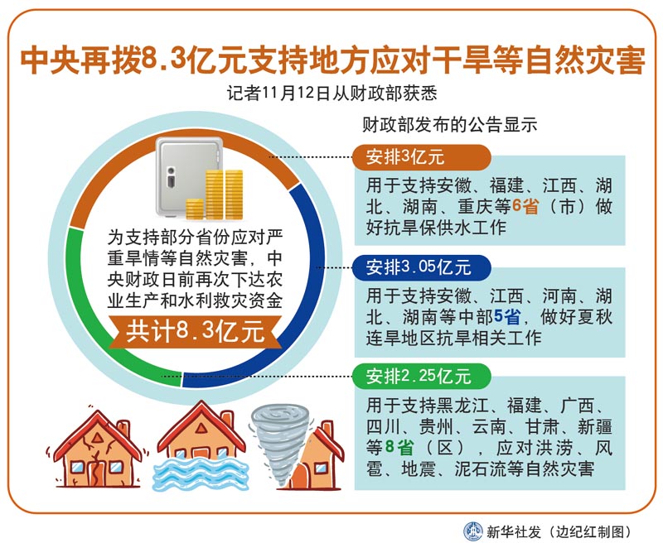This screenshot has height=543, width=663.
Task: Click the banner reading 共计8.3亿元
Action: [195, 331]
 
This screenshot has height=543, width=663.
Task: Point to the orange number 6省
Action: [525, 206]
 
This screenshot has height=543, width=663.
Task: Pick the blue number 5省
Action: [507, 316]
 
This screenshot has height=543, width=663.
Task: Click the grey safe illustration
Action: [188, 176]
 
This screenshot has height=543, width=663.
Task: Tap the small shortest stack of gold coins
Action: [195, 209]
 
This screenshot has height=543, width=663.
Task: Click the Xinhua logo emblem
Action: [473, 531]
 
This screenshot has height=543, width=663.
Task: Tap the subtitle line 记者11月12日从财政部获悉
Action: [332, 94]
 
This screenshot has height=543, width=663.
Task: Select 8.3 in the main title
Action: [163, 60]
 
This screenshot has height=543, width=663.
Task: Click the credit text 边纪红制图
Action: [590, 531]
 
